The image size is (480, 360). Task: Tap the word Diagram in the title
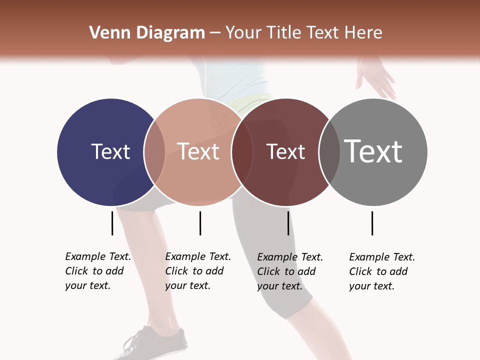(x=170, y=33)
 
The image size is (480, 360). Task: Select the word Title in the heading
(x=284, y=33)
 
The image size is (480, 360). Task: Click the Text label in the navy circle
(x=110, y=151)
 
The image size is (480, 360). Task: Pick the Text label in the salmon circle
(x=198, y=151)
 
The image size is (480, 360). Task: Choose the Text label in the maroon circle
(x=285, y=152)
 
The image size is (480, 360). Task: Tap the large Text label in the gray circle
(x=373, y=151)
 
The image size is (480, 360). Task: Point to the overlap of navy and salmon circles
(x=154, y=152)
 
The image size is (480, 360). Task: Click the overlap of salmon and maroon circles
(x=241, y=152)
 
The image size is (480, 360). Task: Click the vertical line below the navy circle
(x=112, y=223)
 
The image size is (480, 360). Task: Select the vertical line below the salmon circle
(x=200, y=223)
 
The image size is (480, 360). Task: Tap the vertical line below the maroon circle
(x=288, y=223)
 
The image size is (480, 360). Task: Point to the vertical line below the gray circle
(x=372, y=223)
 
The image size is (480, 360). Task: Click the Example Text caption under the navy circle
(x=98, y=271)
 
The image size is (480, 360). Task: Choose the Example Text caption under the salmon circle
(x=198, y=271)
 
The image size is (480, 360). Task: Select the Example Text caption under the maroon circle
(x=290, y=271)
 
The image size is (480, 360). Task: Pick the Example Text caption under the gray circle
(x=382, y=271)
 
